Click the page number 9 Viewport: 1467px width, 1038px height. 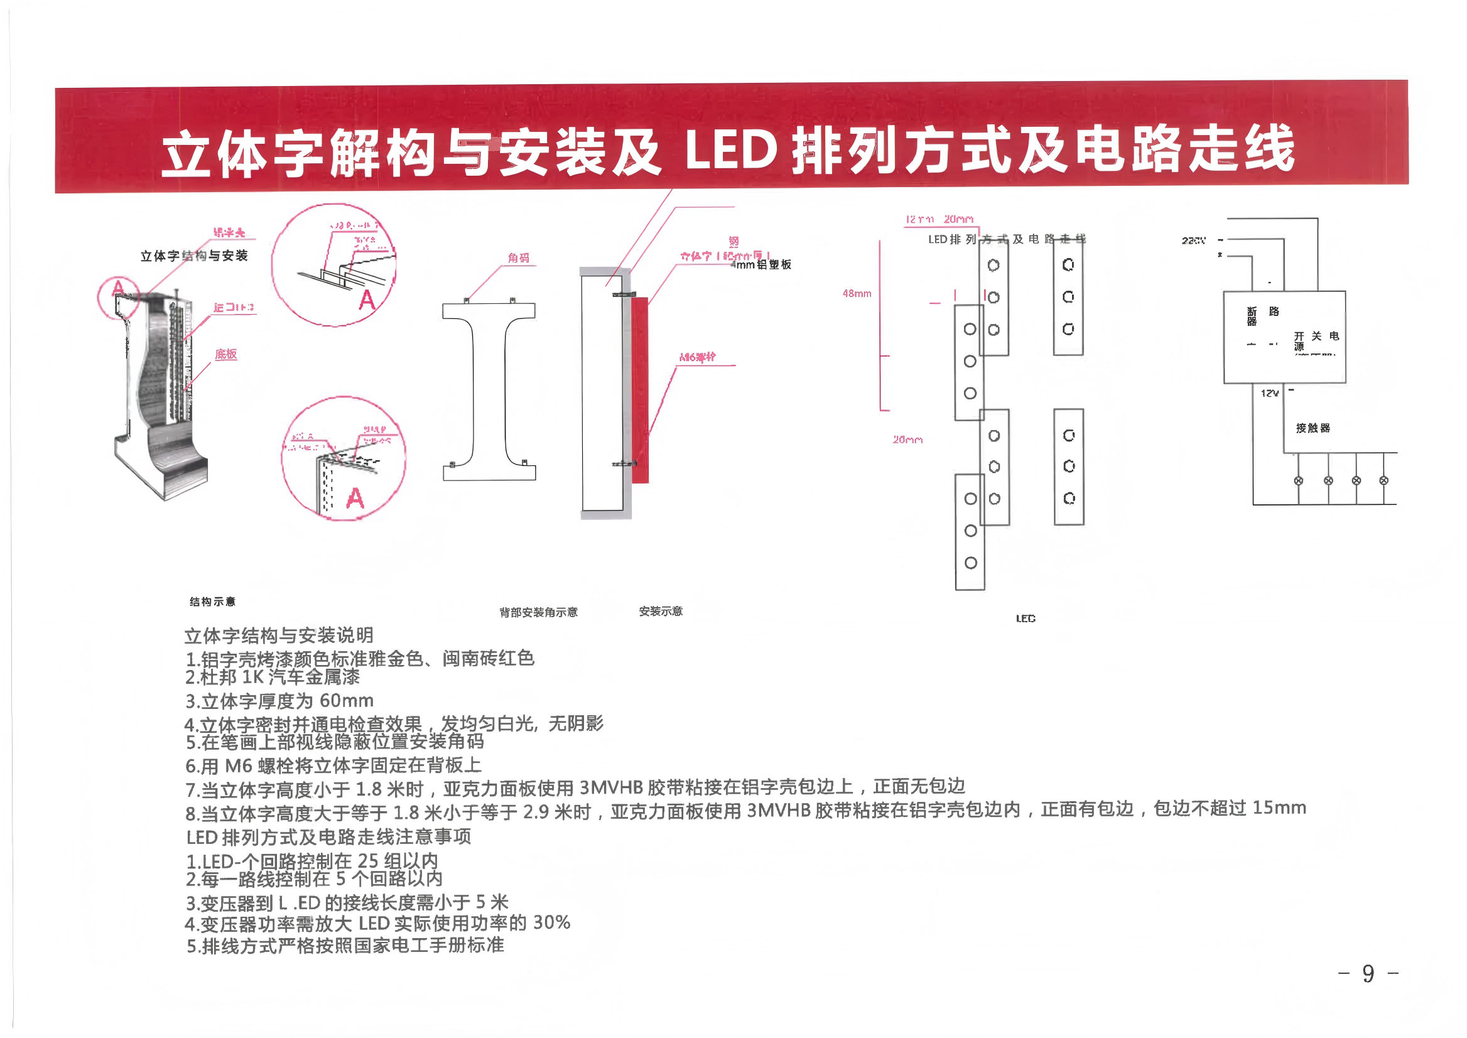(1368, 973)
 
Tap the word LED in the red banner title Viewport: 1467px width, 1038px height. (730, 151)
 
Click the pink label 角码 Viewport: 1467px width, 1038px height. (518, 257)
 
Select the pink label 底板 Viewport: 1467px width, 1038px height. (225, 354)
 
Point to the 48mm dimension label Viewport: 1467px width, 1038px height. (857, 293)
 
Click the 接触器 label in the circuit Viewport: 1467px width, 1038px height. (1313, 428)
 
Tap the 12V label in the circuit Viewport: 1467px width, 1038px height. (1269, 393)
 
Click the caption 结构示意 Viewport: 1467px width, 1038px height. (212, 602)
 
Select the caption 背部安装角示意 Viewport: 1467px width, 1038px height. (538, 612)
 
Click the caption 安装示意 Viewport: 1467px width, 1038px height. (660, 611)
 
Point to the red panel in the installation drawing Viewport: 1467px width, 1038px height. (640, 390)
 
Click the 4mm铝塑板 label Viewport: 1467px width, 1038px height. (761, 264)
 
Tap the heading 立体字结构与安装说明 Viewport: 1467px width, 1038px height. (279, 635)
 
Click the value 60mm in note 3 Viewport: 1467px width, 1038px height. (347, 701)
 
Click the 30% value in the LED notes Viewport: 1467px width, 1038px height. (551, 922)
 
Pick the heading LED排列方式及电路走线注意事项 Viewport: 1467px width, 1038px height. (328, 836)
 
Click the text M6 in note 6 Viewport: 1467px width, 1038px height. (239, 765)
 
